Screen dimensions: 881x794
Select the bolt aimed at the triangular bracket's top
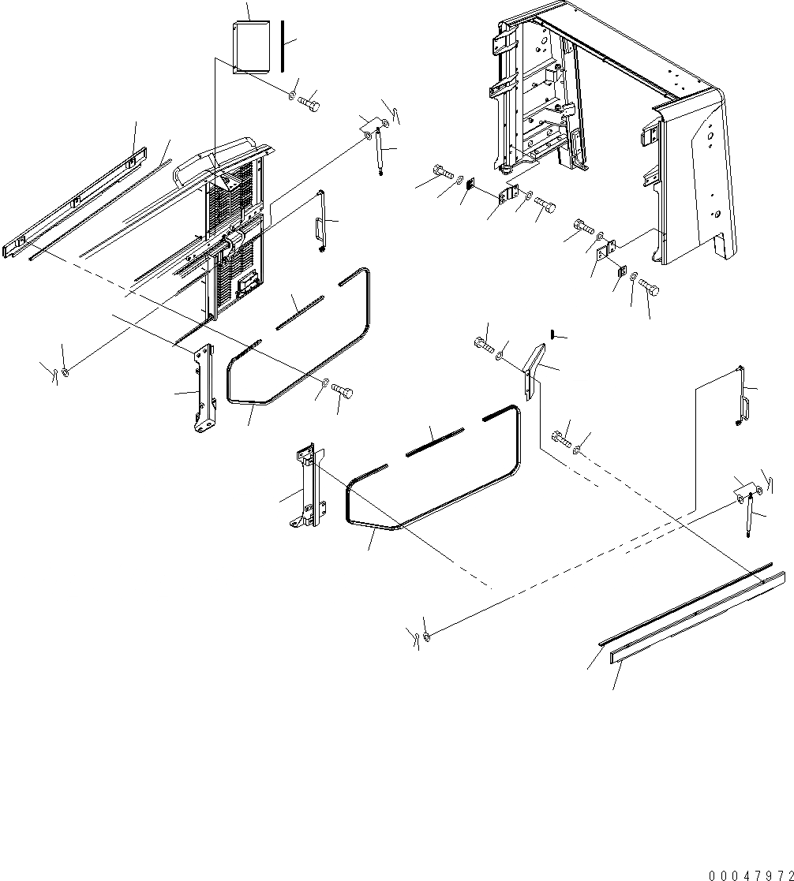pyautogui.click(x=484, y=343)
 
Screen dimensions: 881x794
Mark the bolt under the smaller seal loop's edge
pyautogui.click(x=341, y=390)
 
